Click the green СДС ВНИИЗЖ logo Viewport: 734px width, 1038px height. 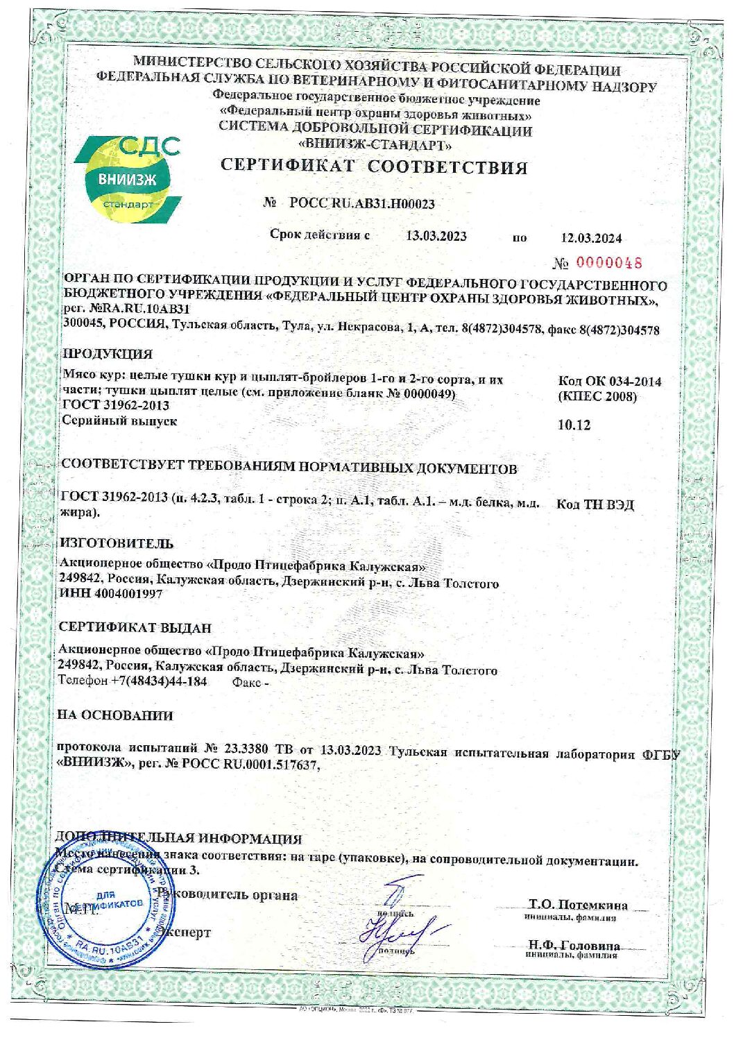128,179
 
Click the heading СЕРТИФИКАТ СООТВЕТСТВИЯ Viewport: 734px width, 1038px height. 374,167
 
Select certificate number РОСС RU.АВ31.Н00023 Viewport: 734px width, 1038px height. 361,203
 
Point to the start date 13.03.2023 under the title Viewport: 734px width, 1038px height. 436,236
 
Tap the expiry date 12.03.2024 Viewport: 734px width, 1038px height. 591,238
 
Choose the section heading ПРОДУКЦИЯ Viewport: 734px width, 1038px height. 108,354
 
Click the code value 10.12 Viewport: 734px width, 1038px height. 574,425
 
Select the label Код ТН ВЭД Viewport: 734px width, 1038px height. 595,504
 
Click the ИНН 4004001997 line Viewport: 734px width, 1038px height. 112,595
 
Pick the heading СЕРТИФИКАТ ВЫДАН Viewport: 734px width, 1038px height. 135,628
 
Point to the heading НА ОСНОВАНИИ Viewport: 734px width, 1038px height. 115,715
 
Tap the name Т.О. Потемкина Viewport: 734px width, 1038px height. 578,905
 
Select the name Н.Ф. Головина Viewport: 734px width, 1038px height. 573,946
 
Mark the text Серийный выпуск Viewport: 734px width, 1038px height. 119,420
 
